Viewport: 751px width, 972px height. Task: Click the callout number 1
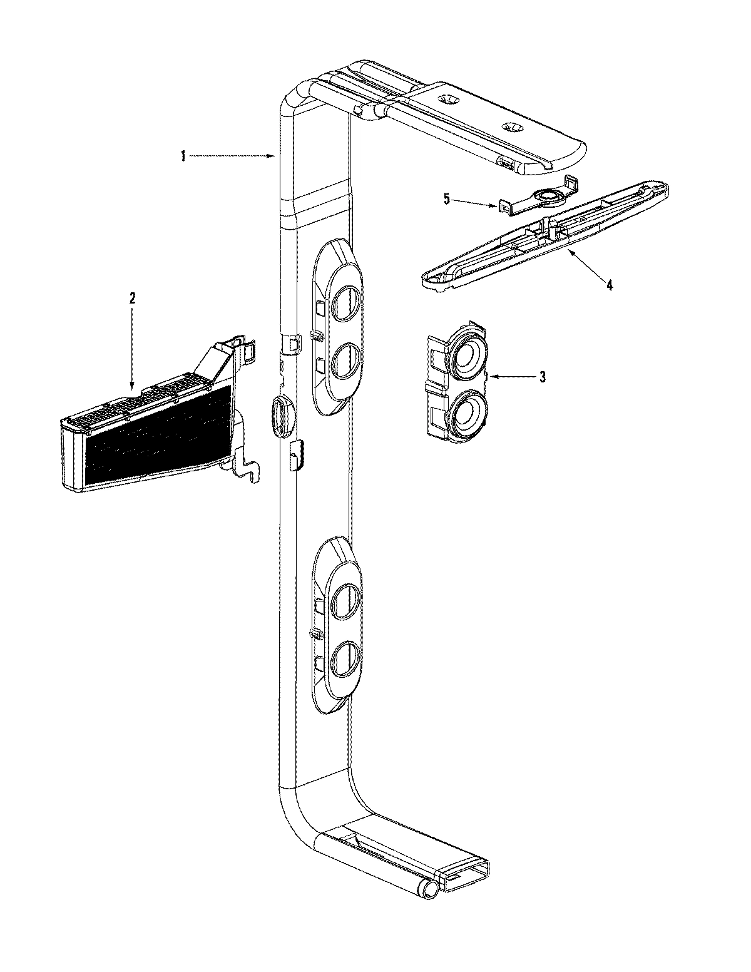[x=183, y=156]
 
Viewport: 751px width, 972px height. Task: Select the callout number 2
[x=131, y=299]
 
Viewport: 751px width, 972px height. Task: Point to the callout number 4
[x=609, y=285]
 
